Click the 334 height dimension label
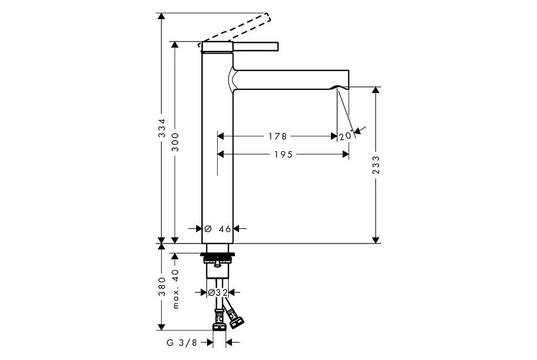coord(162,128)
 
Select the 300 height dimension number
coord(175,142)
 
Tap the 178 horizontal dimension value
coord(277,136)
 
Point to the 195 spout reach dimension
coord(283,155)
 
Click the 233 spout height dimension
coord(376,165)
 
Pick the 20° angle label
coord(346,136)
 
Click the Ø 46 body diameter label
coord(218,229)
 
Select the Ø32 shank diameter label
coord(218,292)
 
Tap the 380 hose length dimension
coord(162,287)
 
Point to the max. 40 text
coord(176,289)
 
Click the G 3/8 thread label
coord(182,343)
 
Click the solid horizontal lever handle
coord(255,47)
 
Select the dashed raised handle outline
coord(235,30)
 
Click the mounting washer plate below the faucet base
coord(218,255)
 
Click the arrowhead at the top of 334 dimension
coord(162,17)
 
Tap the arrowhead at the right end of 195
coord(346,154)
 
